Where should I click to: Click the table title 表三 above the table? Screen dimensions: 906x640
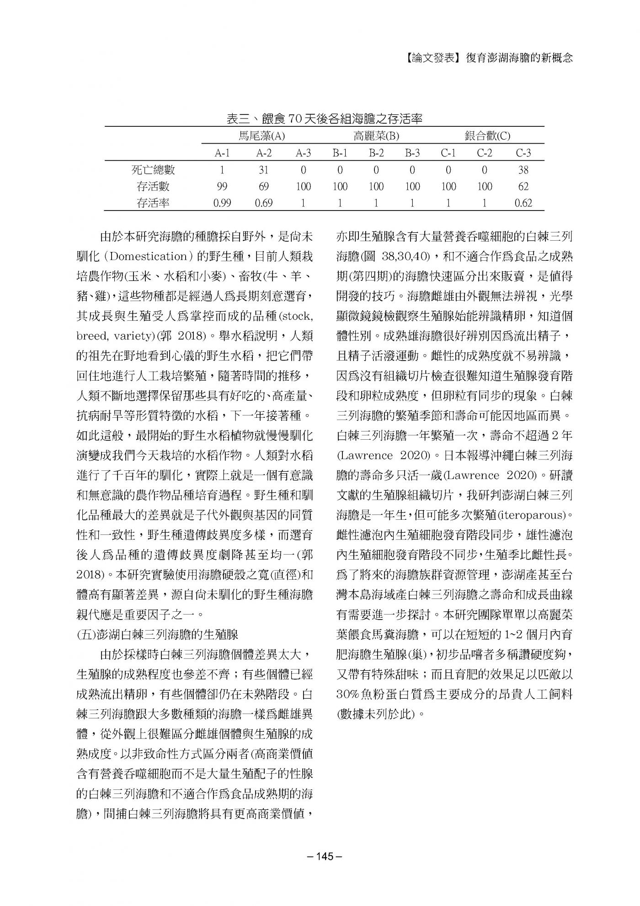click(x=324, y=119)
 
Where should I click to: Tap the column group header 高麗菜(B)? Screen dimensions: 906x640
click(x=376, y=136)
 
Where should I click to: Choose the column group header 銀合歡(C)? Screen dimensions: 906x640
click(x=487, y=136)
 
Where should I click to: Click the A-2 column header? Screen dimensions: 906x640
click(x=264, y=153)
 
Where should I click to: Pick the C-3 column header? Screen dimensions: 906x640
click(x=523, y=153)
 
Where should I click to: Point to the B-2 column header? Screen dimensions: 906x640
click(x=376, y=153)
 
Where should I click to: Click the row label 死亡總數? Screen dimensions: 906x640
click(x=153, y=170)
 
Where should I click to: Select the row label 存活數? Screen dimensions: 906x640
click(x=153, y=187)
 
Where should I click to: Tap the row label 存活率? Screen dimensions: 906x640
click(x=153, y=203)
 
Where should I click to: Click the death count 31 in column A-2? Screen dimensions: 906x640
click(x=264, y=170)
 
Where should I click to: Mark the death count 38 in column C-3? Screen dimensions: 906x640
click(x=523, y=170)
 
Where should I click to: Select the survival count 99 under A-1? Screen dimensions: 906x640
click(x=222, y=187)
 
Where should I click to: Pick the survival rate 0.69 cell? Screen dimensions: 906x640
click(x=264, y=203)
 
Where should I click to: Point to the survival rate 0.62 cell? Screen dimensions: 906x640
click(x=523, y=203)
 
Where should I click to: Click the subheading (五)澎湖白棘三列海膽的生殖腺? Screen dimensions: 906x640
click(x=157, y=635)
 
